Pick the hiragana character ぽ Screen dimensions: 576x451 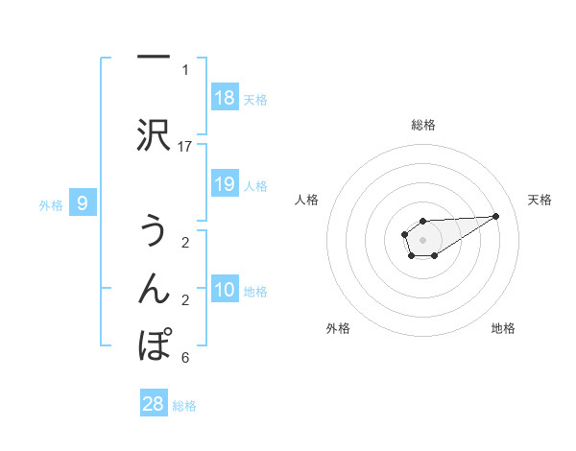(155, 344)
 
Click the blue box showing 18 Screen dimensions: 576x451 (225, 98)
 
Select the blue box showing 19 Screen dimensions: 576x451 (225, 185)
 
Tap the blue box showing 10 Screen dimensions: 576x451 (225, 291)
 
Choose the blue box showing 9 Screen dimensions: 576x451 (84, 203)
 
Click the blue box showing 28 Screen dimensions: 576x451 (154, 404)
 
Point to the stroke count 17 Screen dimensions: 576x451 (185, 146)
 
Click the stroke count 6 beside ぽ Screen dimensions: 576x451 (185, 358)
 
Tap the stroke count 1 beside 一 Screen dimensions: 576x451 (185, 69)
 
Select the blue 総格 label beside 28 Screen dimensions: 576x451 (184, 406)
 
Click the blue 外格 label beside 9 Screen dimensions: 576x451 (51, 204)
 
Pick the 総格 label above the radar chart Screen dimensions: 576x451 (422, 125)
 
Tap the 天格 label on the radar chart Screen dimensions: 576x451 (540, 200)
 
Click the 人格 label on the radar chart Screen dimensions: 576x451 (307, 200)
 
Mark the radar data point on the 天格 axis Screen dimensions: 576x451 (496, 215)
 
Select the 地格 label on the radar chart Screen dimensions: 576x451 (503, 328)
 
